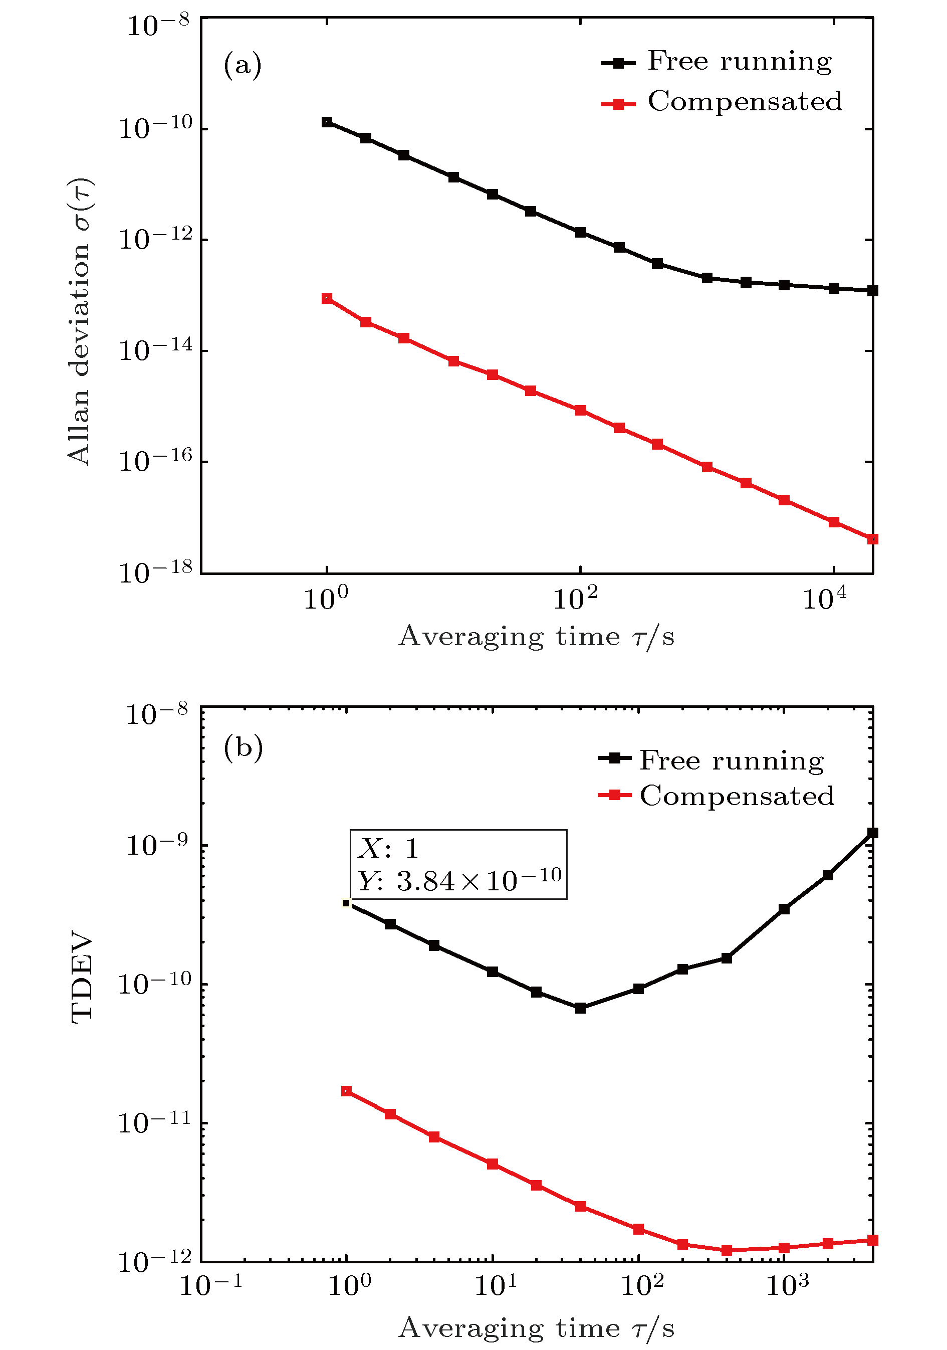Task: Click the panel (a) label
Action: (x=242, y=65)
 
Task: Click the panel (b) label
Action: (x=243, y=747)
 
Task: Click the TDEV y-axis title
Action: (x=81, y=977)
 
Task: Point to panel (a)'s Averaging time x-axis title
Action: (x=536, y=637)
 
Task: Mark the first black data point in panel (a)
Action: (x=327, y=122)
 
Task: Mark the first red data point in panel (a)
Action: (x=327, y=299)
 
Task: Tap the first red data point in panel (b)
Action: (x=347, y=1091)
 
